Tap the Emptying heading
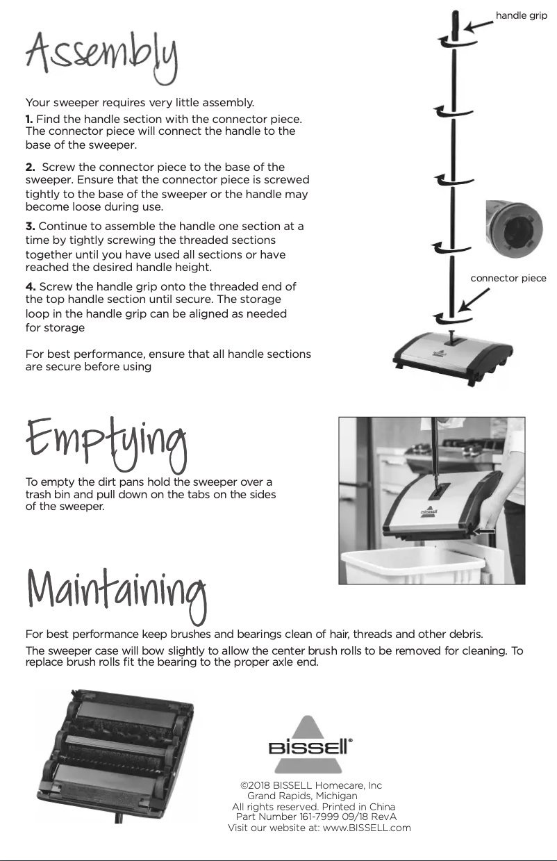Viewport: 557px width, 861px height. coord(106,439)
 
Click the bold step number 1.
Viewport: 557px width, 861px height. coord(29,120)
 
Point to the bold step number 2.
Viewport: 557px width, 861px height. coord(30,167)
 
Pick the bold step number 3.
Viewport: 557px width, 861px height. coord(30,227)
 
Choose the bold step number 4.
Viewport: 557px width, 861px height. coord(31,287)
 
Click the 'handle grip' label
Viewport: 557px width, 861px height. coord(521,15)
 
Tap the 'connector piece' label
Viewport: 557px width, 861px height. coord(508,278)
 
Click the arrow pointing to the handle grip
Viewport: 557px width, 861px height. coord(478,25)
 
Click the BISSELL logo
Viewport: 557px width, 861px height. coord(310,746)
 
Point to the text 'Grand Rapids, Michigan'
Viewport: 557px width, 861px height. coord(303,796)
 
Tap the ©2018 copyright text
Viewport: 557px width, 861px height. coord(310,785)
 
